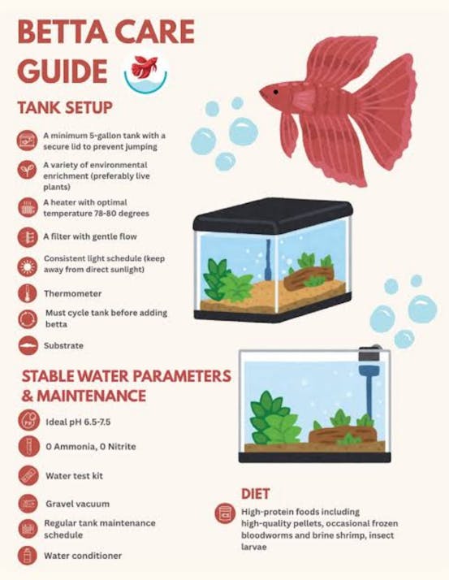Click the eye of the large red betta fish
(275, 92)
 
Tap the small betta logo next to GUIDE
(145, 71)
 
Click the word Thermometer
(72, 294)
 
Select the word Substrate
(63, 346)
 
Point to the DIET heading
(256, 494)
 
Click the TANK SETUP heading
(65, 108)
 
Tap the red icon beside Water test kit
(28, 475)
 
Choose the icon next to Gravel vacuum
(28, 504)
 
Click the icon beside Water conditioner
(28, 555)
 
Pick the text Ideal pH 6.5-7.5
(78, 422)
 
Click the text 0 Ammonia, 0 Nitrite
(91, 447)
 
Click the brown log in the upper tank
(309, 278)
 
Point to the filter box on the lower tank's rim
(369, 355)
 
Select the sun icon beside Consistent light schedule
(28, 266)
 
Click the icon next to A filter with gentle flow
(28, 237)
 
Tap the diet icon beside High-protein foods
(225, 513)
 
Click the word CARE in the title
(154, 32)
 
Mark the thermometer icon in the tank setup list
(28, 293)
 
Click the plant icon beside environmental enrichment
(28, 170)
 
